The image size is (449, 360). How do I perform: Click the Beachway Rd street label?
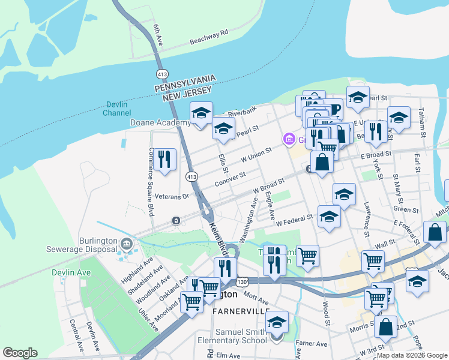click(x=209, y=37)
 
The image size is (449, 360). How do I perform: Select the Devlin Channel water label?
click(x=116, y=108)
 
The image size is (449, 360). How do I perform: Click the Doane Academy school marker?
click(x=201, y=113)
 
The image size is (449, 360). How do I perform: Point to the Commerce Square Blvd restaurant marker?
click(x=164, y=159)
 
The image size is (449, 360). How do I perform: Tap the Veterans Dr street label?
click(x=172, y=196)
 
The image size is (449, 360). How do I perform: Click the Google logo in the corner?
click(x=20, y=353)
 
